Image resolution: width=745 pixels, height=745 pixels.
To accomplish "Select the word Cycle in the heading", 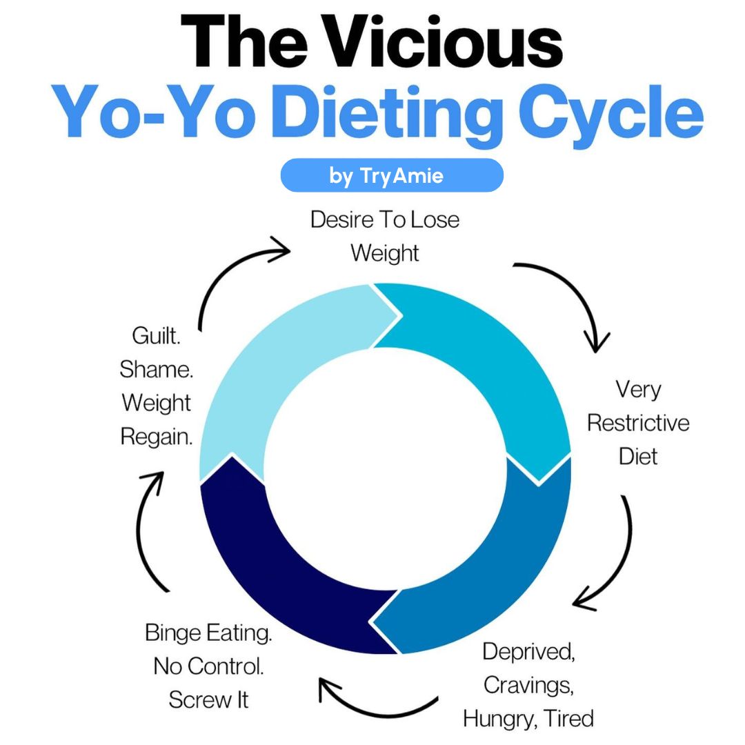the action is point(607,114).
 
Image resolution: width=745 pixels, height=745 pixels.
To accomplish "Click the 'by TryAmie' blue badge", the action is point(391,175).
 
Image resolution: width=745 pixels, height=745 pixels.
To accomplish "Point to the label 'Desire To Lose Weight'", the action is point(384,236).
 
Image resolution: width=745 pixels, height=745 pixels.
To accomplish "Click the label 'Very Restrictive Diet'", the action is point(638,422).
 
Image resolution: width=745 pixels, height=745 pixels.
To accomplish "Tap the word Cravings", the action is point(528,685).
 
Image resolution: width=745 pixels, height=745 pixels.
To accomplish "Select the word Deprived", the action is point(528,651).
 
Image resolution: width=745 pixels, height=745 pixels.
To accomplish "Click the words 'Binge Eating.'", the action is point(208,633).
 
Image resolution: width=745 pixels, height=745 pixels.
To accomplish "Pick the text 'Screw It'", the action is point(208,699).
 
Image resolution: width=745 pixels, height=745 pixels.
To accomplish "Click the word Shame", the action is point(157,369).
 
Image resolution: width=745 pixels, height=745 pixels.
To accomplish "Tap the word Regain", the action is point(157,436).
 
